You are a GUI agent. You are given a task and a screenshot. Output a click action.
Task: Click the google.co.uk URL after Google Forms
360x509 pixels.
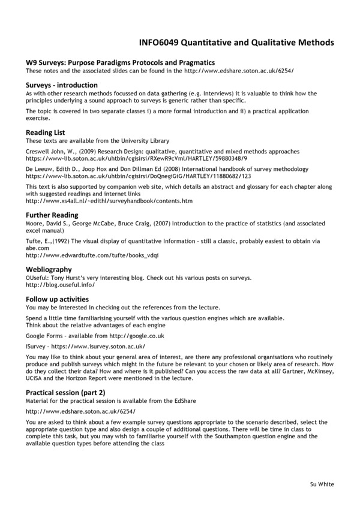(x=130, y=336)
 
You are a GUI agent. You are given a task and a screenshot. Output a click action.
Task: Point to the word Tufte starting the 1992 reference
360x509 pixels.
(x=34, y=241)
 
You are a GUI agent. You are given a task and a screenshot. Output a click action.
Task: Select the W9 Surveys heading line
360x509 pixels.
(x=120, y=63)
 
